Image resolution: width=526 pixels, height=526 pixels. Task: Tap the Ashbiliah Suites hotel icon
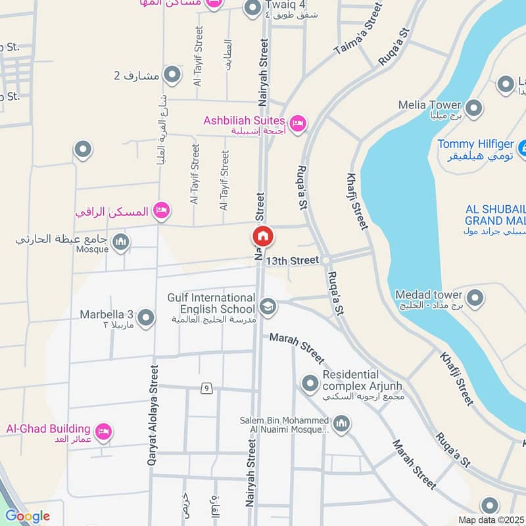[x=298, y=123]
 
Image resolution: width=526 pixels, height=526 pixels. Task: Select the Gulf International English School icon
[x=267, y=306]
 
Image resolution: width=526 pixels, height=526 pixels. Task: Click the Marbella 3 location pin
[x=146, y=318]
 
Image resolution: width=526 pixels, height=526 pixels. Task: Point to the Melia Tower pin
[x=473, y=108]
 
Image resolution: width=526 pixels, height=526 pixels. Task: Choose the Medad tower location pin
[x=475, y=298]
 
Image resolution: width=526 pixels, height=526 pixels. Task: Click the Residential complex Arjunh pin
[x=310, y=383]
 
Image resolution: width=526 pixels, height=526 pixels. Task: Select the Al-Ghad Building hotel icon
[x=103, y=432]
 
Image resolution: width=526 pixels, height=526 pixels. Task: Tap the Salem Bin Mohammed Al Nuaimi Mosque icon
[x=341, y=424]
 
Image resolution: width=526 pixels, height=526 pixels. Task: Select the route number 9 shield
[x=206, y=389]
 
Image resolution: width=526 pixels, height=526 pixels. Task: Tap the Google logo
[x=27, y=516]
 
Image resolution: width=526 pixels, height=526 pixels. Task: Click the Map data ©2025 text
[x=491, y=520]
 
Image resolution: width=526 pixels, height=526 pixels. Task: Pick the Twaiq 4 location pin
[x=252, y=8]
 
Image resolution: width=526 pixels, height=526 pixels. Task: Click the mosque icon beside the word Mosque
[x=120, y=243]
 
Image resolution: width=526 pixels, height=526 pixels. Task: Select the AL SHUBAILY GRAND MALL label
[x=493, y=215]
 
